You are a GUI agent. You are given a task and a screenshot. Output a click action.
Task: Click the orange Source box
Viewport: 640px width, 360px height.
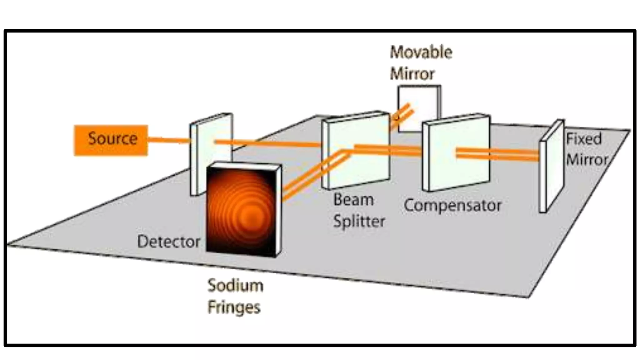click(111, 140)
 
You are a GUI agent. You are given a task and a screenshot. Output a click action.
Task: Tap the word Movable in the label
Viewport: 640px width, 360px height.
click(421, 52)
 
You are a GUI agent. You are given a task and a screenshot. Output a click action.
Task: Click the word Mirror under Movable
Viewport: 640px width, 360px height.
click(412, 74)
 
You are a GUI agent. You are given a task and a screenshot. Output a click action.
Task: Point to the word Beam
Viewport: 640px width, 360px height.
click(353, 200)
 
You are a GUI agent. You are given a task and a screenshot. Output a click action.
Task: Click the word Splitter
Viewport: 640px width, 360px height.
click(359, 221)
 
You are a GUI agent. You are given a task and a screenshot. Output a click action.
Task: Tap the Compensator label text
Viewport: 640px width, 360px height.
click(452, 206)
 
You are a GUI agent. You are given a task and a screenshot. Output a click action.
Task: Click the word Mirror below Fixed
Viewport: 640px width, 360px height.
click(587, 160)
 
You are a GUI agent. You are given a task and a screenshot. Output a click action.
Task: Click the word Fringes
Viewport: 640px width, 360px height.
click(234, 307)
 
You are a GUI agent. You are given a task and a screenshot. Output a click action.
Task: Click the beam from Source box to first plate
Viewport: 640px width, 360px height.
click(169, 140)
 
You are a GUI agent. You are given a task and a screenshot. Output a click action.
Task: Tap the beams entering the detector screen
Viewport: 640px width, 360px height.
click(300, 184)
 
